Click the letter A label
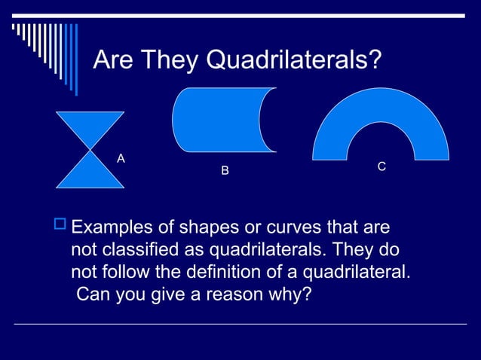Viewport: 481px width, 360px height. [121, 158]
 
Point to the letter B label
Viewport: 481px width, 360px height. [224, 172]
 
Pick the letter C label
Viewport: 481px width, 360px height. [382, 166]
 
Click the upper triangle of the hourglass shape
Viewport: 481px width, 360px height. [90, 125]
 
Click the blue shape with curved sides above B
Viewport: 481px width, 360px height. [219, 121]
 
